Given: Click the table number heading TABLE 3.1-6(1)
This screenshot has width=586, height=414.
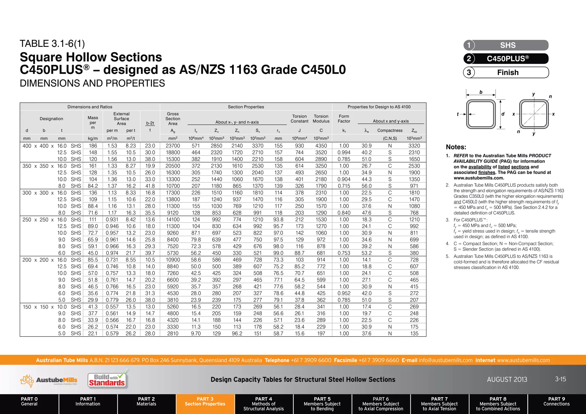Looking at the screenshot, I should pos(52,44).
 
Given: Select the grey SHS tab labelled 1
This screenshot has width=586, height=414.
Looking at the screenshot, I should pos(506,45).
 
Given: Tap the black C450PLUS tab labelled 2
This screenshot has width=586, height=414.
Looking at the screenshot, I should pos(506,59).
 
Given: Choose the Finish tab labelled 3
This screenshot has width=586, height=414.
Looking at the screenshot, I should pos(506,72).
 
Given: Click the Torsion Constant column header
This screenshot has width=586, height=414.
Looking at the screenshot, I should pos(299,119).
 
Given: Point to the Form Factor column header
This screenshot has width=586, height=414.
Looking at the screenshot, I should pos(344,119).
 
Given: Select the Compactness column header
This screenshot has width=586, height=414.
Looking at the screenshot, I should pos(390,131).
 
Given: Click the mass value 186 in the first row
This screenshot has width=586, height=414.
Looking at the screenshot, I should pos(93,146).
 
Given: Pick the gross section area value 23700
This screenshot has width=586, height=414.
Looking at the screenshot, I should pos(173,146).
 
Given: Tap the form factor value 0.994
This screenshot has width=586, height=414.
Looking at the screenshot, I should pos(344,153).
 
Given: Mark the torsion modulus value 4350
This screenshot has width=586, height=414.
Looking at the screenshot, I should pos(321,146).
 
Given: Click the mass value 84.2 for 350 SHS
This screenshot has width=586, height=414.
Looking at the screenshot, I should pos(93,186).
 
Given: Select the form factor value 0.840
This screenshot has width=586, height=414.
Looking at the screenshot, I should pos(344,213).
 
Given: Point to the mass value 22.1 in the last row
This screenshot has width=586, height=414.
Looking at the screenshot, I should pos(93,334).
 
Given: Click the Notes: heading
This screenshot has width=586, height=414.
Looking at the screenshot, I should pos(456,147).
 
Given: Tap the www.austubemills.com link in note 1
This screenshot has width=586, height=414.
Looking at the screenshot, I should pos(479,178).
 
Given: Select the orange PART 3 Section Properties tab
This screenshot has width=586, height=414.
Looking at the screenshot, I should pos(205,402).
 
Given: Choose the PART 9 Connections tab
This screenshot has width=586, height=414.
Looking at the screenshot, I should pos(556,402).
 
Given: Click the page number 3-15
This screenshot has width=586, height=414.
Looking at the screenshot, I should pos(560,379).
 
